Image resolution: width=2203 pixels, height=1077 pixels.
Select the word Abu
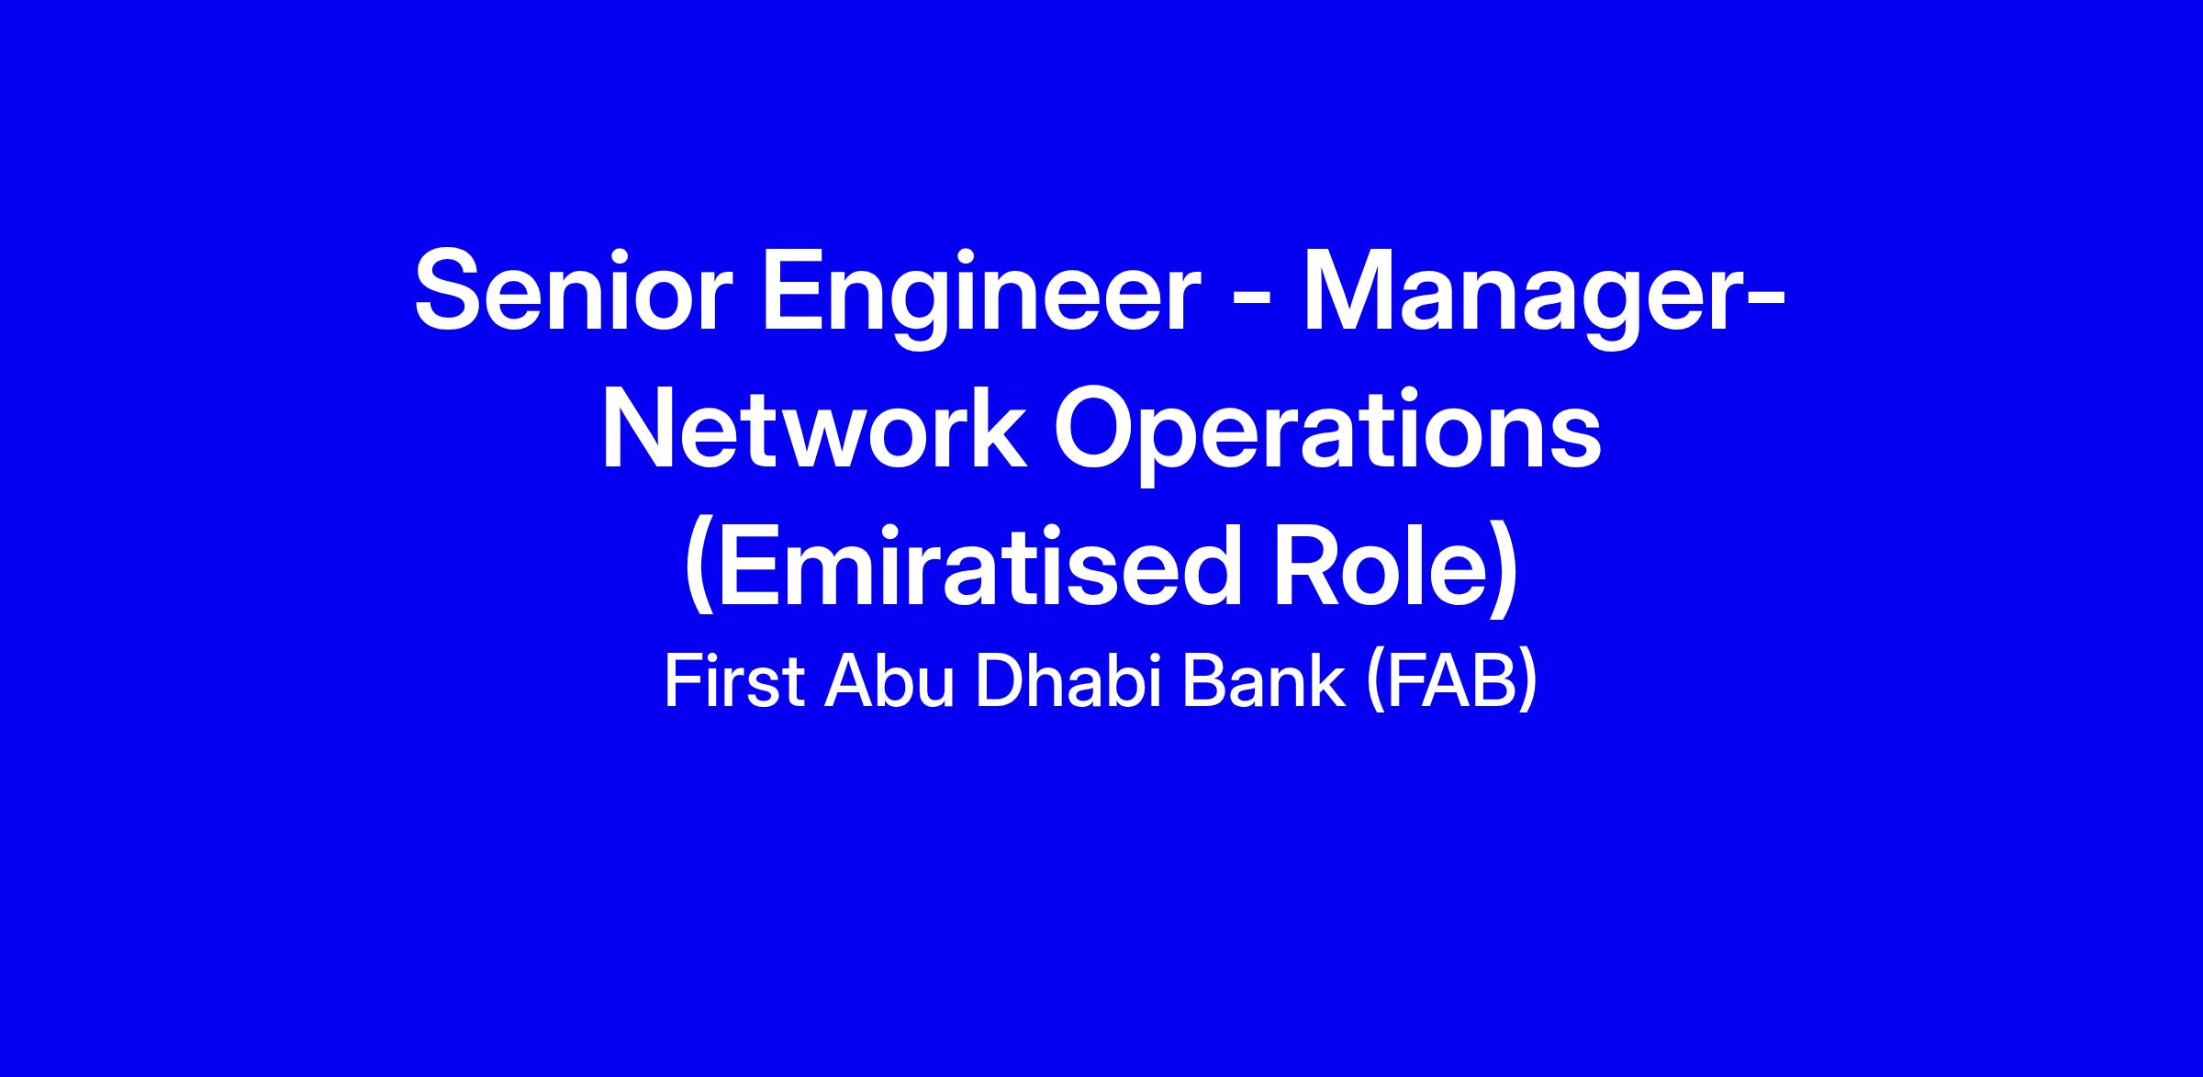click(889, 683)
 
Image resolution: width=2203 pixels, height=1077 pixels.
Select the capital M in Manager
click(1349, 290)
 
